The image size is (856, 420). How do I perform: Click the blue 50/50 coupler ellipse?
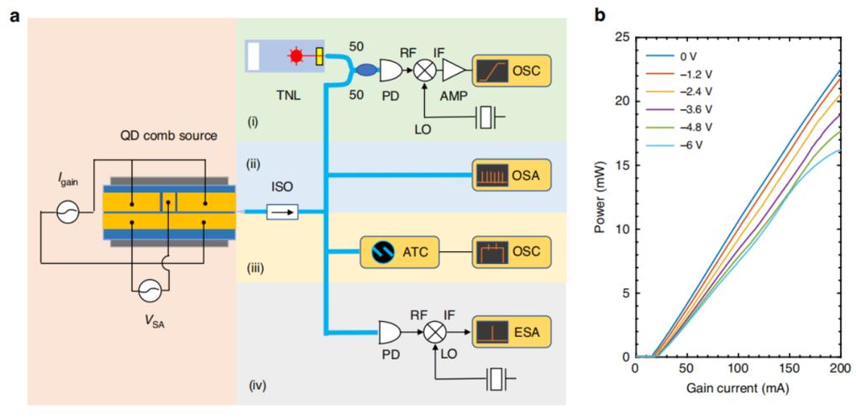click(x=365, y=70)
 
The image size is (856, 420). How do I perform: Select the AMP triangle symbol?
click(x=454, y=70)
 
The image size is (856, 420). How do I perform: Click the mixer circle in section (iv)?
click(x=435, y=332)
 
